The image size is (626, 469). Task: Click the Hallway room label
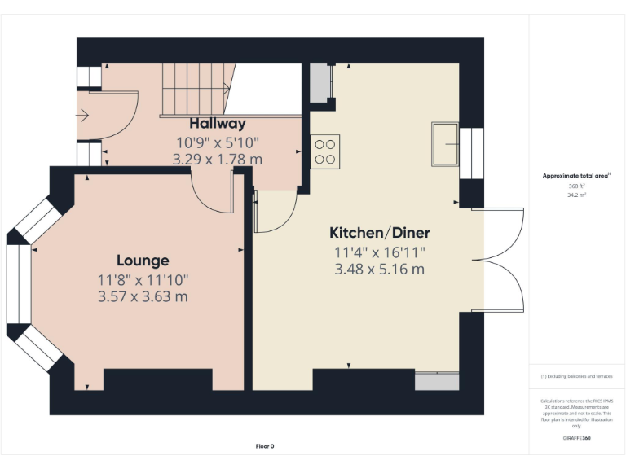217,124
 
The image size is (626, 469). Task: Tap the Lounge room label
143,261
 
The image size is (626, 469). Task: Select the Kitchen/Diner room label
379,232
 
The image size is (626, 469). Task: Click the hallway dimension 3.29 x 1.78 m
217,159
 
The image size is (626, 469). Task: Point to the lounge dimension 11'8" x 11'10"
143,279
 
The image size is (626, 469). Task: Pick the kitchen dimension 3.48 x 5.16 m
379,269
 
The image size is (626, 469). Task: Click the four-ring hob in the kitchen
324,151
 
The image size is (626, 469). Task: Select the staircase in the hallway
193,90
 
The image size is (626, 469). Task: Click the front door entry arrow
82,116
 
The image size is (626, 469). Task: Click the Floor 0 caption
265,446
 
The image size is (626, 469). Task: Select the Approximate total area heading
576,176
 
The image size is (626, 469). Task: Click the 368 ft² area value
575,186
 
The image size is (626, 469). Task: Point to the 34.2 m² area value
575,195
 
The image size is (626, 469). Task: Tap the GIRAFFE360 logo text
576,438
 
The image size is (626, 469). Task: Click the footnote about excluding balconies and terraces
576,376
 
